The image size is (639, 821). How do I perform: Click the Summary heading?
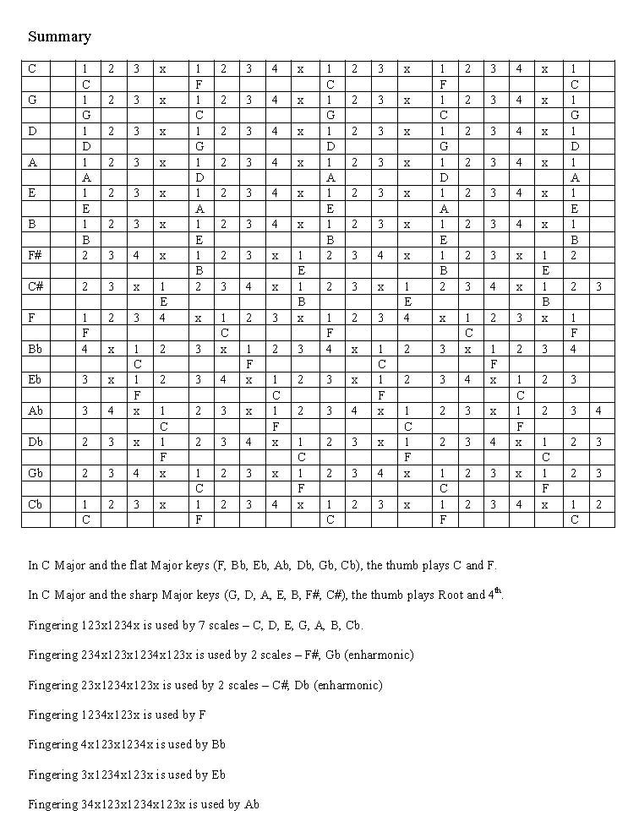59,36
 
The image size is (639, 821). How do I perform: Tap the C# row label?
35,286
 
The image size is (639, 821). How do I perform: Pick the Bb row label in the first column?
35,348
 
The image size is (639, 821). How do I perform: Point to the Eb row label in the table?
35,380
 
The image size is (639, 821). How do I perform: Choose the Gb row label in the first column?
35,473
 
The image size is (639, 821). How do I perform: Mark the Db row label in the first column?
35,442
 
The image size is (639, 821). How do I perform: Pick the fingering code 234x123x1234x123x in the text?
139,655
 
